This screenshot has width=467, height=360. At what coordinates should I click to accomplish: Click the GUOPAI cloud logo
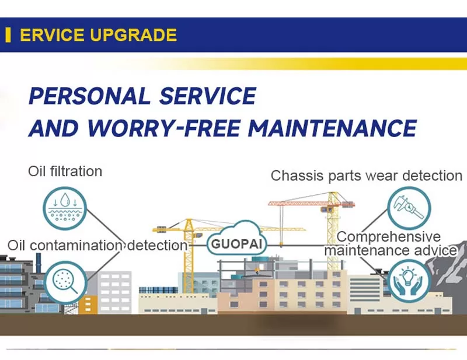pyautogui.click(x=236, y=238)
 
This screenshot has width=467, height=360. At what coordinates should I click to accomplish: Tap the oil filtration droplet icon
pyautogui.click(x=65, y=208)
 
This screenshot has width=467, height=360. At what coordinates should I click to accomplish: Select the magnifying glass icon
pyautogui.click(x=65, y=282)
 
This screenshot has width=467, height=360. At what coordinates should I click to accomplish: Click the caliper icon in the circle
pyautogui.click(x=409, y=208)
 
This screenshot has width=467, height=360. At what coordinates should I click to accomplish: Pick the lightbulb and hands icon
pyautogui.click(x=409, y=281)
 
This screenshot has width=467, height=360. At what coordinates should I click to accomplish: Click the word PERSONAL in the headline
pyautogui.click(x=89, y=96)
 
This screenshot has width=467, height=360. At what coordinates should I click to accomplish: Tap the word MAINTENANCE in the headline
pyautogui.click(x=332, y=128)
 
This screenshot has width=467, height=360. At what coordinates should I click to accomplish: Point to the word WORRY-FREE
pyautogui.click(x=164, y=128)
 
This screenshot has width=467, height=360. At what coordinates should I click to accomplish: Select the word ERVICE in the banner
pyautogui.click(x=52, y=35)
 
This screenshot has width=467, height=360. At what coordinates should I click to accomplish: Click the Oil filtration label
pyautogui.click(x=65, y=172)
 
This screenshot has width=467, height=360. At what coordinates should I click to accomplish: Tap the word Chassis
pyautogui.click(x=297, y=176)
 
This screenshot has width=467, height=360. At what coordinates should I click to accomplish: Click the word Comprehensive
pyautogui.click(x=389, y=237)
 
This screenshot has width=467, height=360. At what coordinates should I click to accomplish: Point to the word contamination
pyautogui.click(x=76, y=246)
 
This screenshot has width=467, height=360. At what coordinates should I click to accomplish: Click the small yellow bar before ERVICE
pyautogui.click(x=8, y=35)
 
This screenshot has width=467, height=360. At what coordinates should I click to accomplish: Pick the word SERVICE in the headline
pyautogui.click(x=208, y=96)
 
